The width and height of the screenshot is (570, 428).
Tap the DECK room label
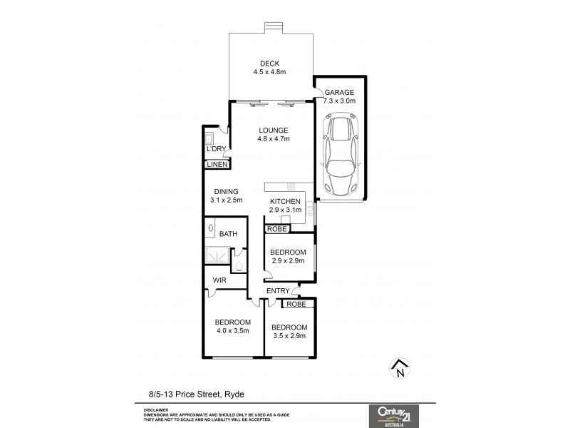(x=269, y=63)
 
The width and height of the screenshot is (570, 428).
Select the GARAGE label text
(x=339, y=93)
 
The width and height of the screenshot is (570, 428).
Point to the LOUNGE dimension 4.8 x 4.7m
(x=274, y=140)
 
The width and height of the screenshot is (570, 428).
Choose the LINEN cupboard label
(x=217, y=165)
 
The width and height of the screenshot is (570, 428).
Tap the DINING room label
(x=226, y=191)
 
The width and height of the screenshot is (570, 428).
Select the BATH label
(x=228, y=234)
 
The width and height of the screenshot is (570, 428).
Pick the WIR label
(x=219, y=281)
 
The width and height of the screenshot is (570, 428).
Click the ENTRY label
(x=278, y=291)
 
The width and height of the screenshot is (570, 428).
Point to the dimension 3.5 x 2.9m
(x=289, y=335)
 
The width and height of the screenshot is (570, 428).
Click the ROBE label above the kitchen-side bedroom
(x=277, y=229)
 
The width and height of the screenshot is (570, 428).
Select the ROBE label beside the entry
(x=297, y=304)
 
